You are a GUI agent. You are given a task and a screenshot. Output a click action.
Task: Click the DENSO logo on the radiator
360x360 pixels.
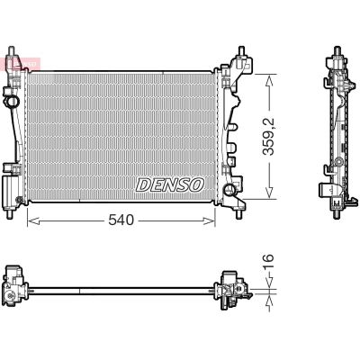coord(170,184)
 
